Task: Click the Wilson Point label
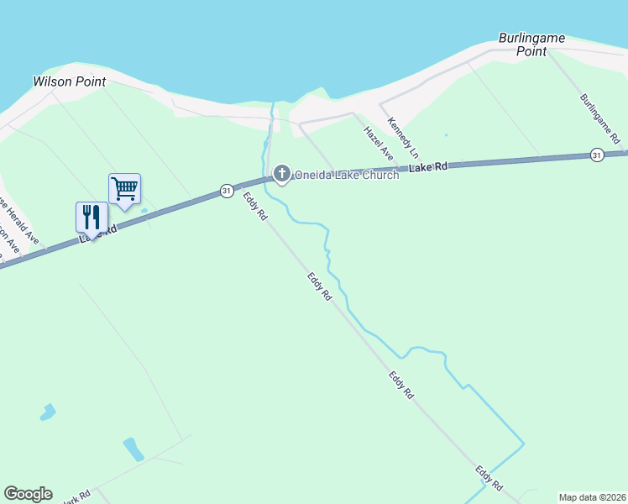[x=69, y=81]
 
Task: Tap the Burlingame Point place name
[x=531, y=45]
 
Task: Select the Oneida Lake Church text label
[x=346, y=175]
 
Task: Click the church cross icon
[x=281, y=174]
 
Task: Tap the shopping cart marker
[x=124, y=189]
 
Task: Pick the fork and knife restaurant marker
[x=92, y=218]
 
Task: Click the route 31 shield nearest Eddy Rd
[x=227, y=192]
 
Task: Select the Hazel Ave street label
[x=378, y=143]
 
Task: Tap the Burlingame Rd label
[x=599, y=117]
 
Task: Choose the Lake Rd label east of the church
[x=430, y=167]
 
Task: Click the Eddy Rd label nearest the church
[x=255, y=207]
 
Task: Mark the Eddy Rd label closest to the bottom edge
[x=489, y=479]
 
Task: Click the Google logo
[x=28, y=494]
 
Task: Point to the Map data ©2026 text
[x=592, y=497]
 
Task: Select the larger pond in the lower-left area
[x=133, y=449]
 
